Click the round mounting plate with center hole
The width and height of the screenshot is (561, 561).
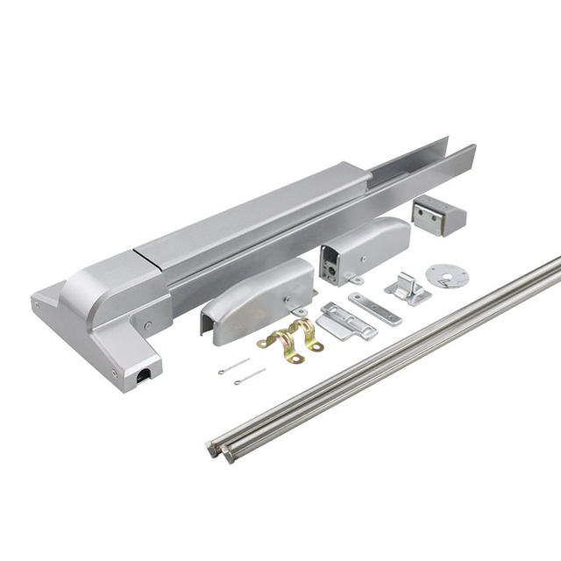(x=447, y=275)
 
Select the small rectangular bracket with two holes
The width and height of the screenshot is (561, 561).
(x=437, y=215)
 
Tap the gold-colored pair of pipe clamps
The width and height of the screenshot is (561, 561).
(x=291, y=338)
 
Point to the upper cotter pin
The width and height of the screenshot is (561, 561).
(x=233, y=366)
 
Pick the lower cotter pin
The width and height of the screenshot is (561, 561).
(x=249, y=377)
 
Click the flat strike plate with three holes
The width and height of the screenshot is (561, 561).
(x=374, y=309)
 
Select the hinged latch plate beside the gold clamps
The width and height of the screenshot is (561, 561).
(x=345, y=321)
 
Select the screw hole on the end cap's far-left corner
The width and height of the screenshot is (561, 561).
(x=37, y=304)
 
